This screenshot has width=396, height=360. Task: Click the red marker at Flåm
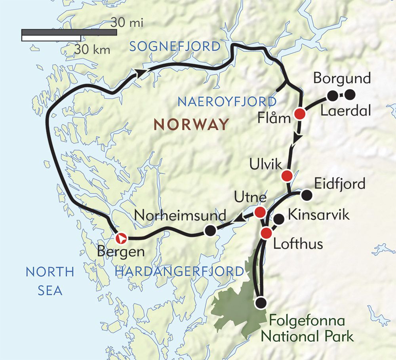300,114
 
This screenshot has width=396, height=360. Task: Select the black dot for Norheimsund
210,230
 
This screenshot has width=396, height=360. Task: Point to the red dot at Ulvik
287,175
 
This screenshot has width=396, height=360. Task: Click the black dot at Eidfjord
306,195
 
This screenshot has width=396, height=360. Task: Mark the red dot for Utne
260,212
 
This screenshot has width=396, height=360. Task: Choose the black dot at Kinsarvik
279,219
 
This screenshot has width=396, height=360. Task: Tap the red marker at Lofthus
266,233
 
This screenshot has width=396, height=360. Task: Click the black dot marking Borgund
350,95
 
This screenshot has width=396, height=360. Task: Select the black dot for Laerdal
333,95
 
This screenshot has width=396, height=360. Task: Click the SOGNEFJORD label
175,47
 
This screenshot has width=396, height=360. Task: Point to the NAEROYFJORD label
227,102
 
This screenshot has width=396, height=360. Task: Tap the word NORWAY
191,124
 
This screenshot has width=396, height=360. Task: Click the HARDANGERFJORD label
179,271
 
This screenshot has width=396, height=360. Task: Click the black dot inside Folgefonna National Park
260,303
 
